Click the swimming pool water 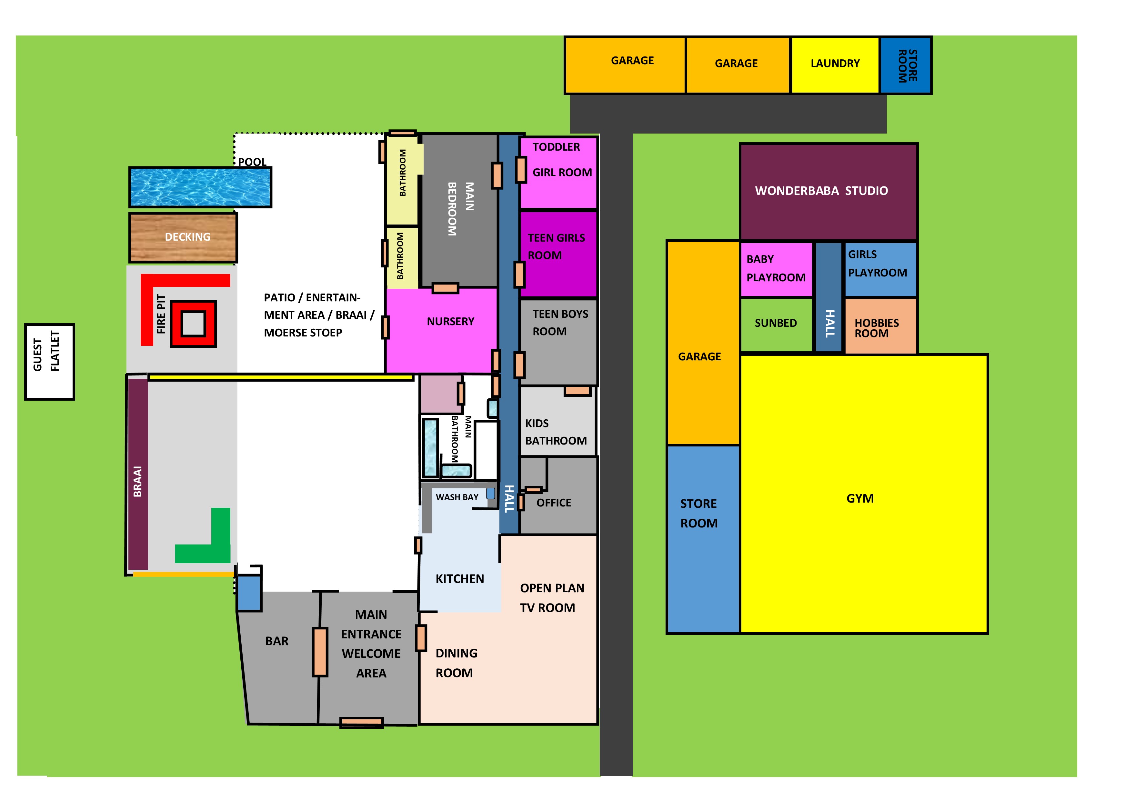pyautogui.click(x=200, y=187)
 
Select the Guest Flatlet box pyautogui.click(x=50, y=362)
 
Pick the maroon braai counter pyautogui.click(x=138, y=474)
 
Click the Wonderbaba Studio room pyautogui.click(x=828, y=192)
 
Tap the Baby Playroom pyautogui.click(x=776, y=269)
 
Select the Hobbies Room pyautogui.click(x=881, y=326)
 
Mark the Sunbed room pyautogui.click(x=776, y=325)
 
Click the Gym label pyautogui.click(x=860, y=498)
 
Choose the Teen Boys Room pyautogui.click(x=558, y=342)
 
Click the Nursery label pyautogui.click(x=450, y=322)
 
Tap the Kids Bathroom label pyautogui.click(x=556, y=432)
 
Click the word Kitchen pyautogui.click(x=459, y=579)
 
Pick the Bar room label pyautogui.click(x=277, y=641)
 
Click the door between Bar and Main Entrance pyautogui.click(x=320, y=652)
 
